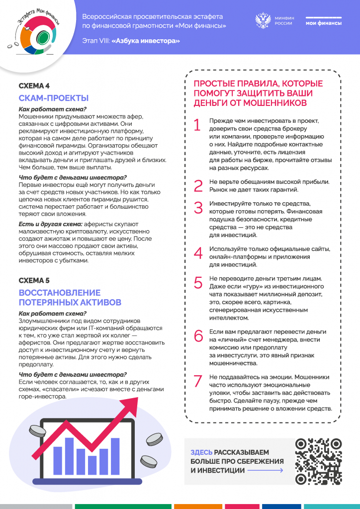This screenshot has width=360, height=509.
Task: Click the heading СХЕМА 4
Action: tap(34, 86)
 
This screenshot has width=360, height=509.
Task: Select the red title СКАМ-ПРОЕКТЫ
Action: tap(53, 98)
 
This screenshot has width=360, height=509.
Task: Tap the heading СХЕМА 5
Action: tap(34, 281)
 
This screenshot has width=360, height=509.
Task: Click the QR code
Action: tap(318, 461)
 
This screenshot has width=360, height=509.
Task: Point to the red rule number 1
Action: tap(197, 126)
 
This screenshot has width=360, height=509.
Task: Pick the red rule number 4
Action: tap(198, 254)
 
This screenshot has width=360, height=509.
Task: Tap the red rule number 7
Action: tap(198, 381)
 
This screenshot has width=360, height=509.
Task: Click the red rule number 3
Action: tap(198, 208)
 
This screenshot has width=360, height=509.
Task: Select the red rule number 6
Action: tap(198, 336)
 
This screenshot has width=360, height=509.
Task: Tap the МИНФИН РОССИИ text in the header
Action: tap(284, 21)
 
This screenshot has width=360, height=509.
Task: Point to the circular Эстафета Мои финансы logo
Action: tap(34, 33)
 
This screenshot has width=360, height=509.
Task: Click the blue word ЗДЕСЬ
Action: tap(202, 452)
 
